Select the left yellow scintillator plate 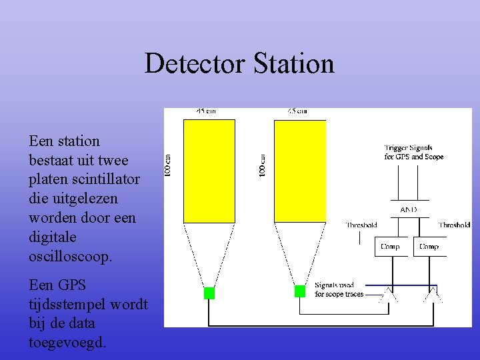click(x=209, y=171)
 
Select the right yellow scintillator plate click(x=300, y=171)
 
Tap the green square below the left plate click(x=209, y=293)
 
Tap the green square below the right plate click(x=300, y=291)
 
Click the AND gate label click(x=408, y=209)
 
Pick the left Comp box click(x=390, y=247)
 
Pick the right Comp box click(x=429, y=247)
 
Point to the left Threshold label click(x=361, y=225)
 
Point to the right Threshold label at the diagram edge click(x=454, y=225)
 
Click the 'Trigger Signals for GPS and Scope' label click(x=413, y=153)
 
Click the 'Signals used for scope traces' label click(x=339, y=289)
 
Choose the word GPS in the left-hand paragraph click(x=71, y=285)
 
